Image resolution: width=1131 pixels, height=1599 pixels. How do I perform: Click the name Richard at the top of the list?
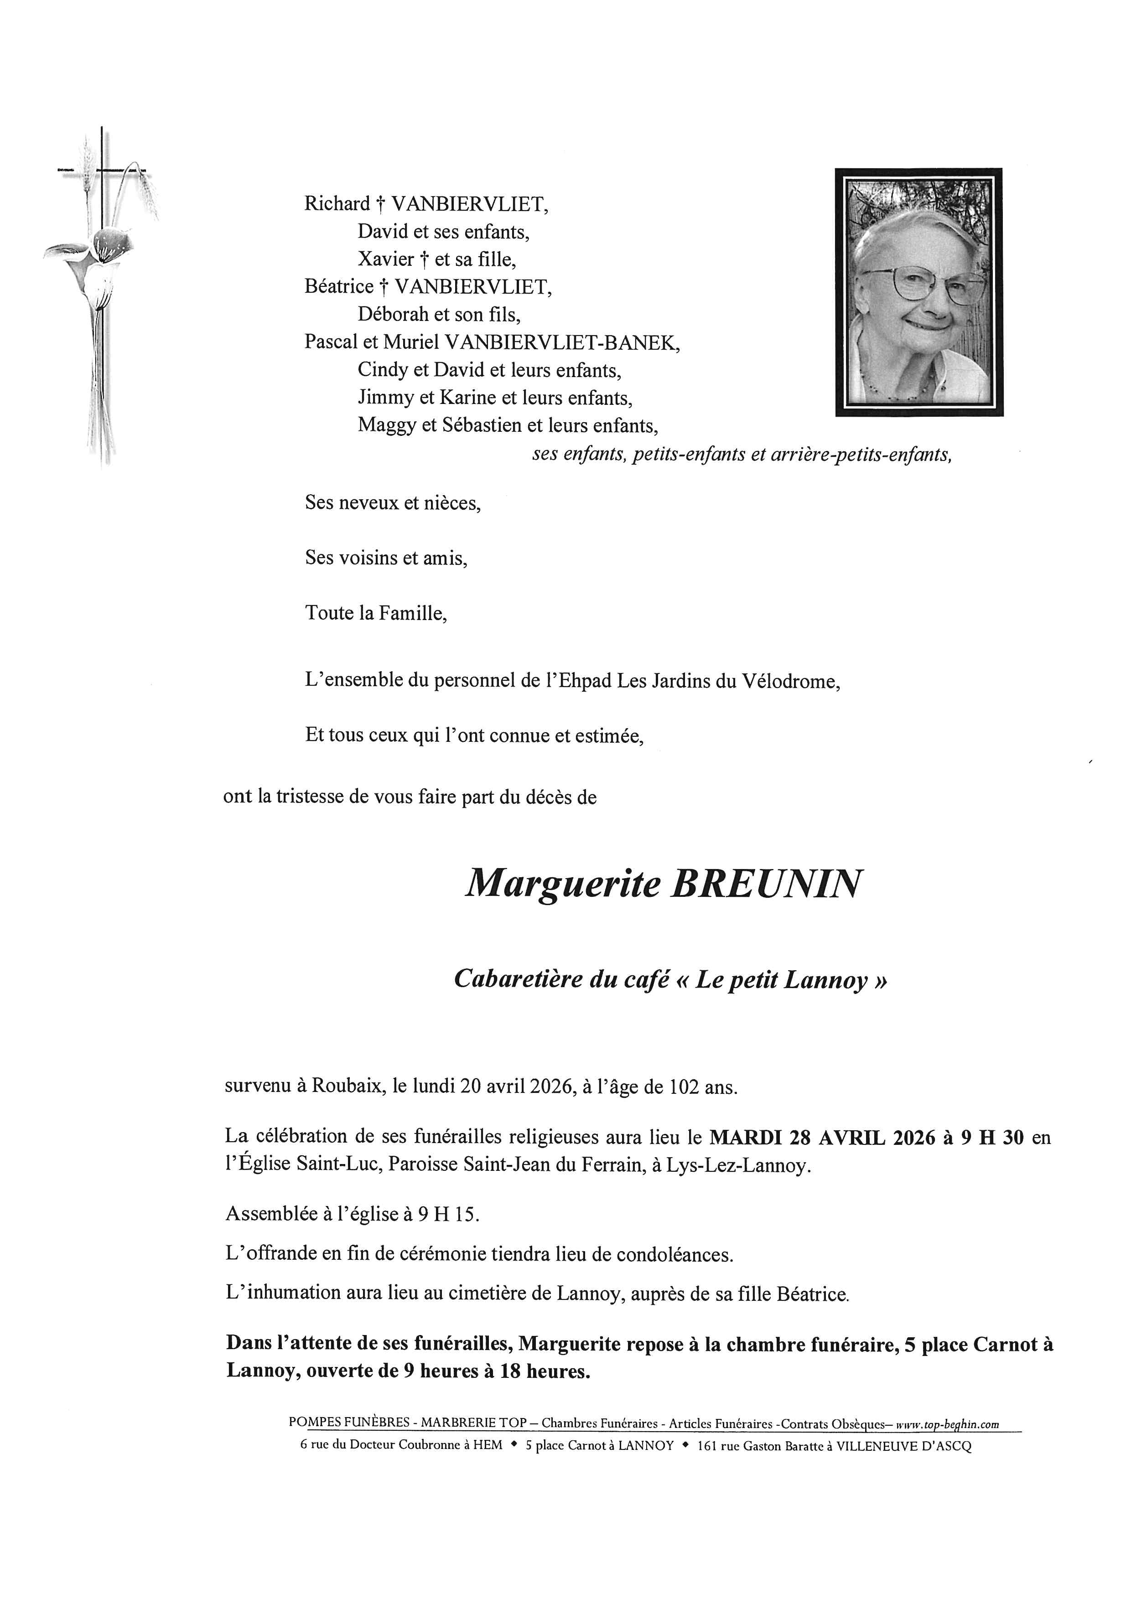pos(337,204)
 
